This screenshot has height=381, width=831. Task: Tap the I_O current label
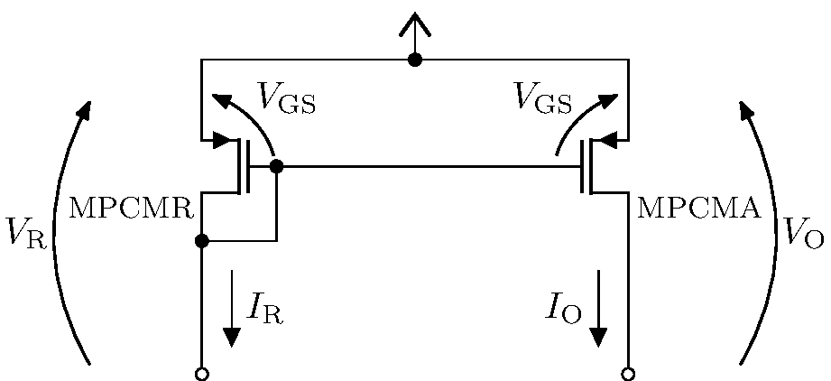pos(565,309)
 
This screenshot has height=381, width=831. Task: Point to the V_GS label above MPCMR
pos(286,98)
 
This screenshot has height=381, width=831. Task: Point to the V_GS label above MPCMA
pos(543,98)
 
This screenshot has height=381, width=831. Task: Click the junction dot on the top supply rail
pos(415,60)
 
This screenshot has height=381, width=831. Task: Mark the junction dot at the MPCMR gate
pos(276,166)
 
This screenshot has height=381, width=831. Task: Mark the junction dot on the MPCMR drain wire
pos(202,241)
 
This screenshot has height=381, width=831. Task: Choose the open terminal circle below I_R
pos(202,374)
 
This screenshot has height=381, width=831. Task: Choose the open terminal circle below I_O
pos(628,374)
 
